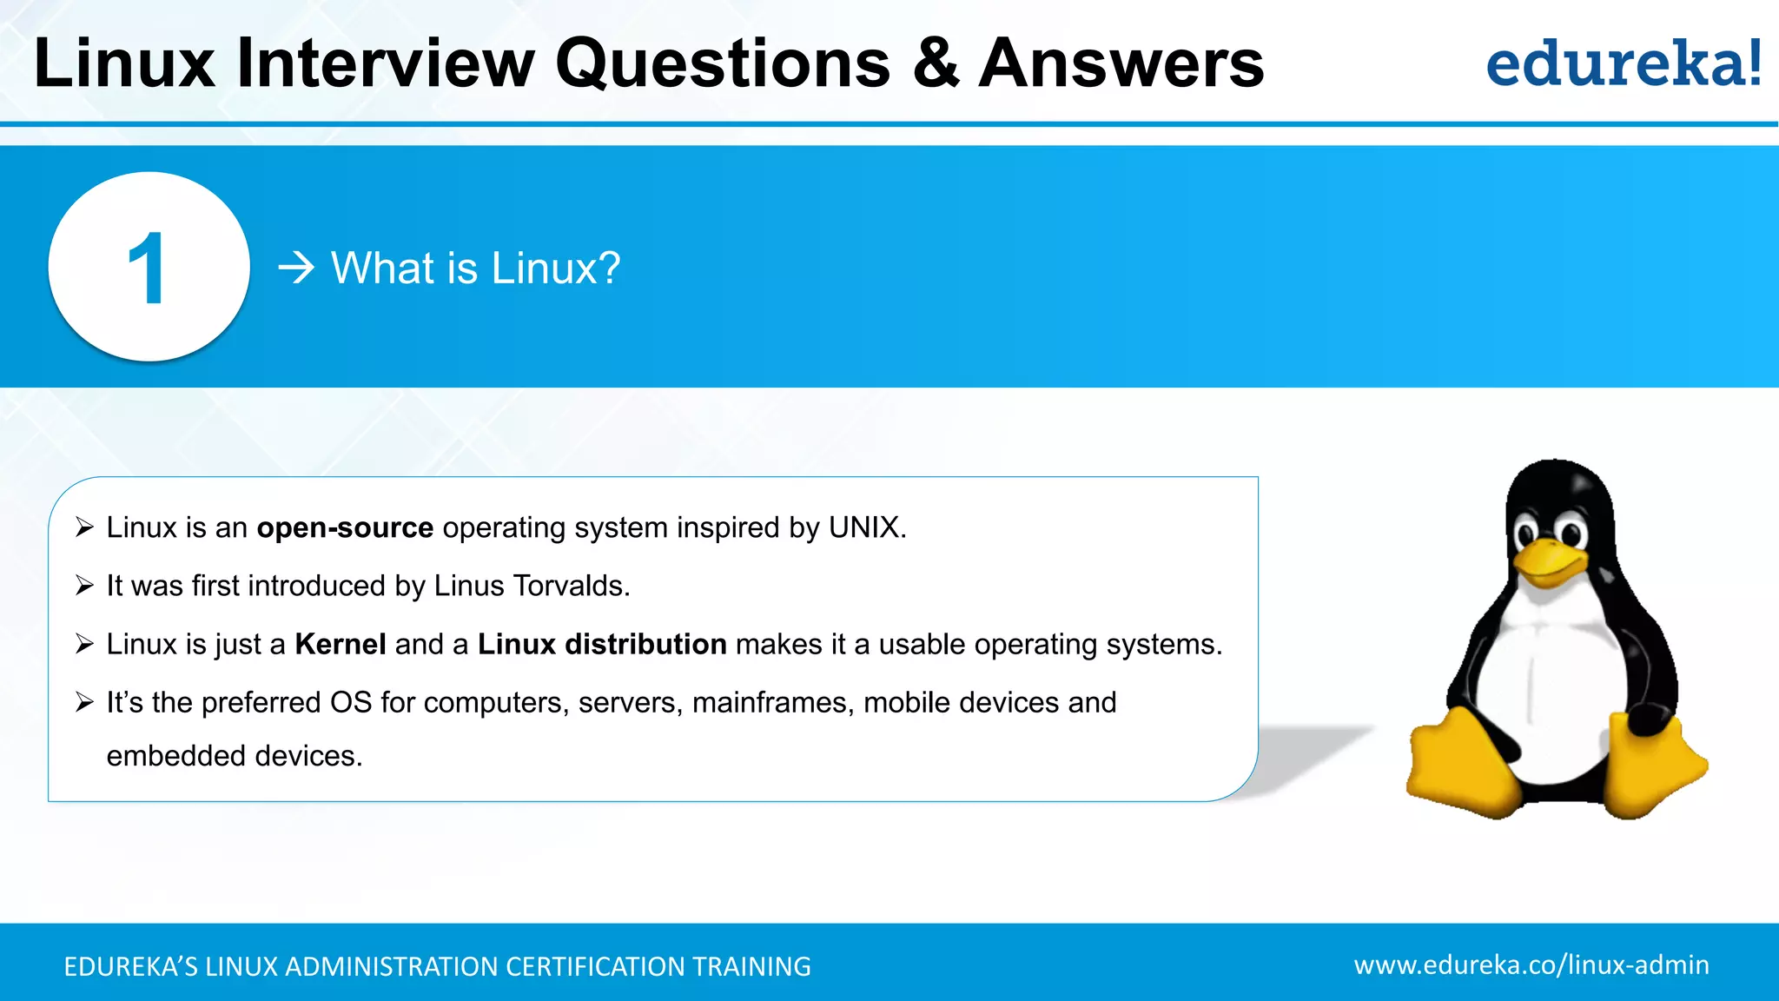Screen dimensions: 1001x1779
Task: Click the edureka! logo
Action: coord(1623,63)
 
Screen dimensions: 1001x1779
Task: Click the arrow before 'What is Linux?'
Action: coord(295,268)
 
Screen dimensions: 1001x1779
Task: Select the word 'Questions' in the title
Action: coord(723,63)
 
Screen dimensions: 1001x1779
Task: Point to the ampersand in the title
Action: coord(936,63)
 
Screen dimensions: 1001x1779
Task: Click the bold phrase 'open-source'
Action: coord(345,527)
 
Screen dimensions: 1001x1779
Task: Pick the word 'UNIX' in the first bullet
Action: coord(863,527)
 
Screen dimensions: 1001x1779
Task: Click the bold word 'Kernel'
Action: coord(341,644)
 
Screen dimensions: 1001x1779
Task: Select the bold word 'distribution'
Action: coord(645,644)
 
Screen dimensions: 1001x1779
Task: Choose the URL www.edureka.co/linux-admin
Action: coord(1531,965)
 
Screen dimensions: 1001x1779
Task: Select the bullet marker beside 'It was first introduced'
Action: coord(84,586)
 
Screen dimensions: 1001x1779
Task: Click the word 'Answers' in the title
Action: coord(1121,63)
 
